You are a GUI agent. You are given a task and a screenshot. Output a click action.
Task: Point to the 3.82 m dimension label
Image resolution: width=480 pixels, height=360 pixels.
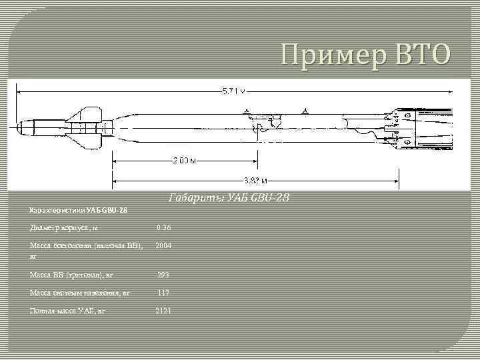255,180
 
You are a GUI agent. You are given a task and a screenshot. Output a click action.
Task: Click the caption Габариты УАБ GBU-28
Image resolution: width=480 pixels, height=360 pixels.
225,198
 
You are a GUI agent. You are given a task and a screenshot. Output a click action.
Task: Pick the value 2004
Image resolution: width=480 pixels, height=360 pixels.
163,245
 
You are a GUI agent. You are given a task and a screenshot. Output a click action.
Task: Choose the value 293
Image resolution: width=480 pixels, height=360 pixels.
163,275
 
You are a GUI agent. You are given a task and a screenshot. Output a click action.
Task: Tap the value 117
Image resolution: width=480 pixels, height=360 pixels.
163,292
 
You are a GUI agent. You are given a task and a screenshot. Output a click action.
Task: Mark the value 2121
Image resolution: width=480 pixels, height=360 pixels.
163,311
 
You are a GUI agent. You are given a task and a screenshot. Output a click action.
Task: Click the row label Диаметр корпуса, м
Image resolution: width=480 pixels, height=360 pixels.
64,228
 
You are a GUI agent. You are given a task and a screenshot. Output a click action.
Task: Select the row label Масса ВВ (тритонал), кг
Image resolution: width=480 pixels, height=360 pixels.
71,275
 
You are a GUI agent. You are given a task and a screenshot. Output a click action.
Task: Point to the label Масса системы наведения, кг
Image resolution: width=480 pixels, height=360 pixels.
79,292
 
